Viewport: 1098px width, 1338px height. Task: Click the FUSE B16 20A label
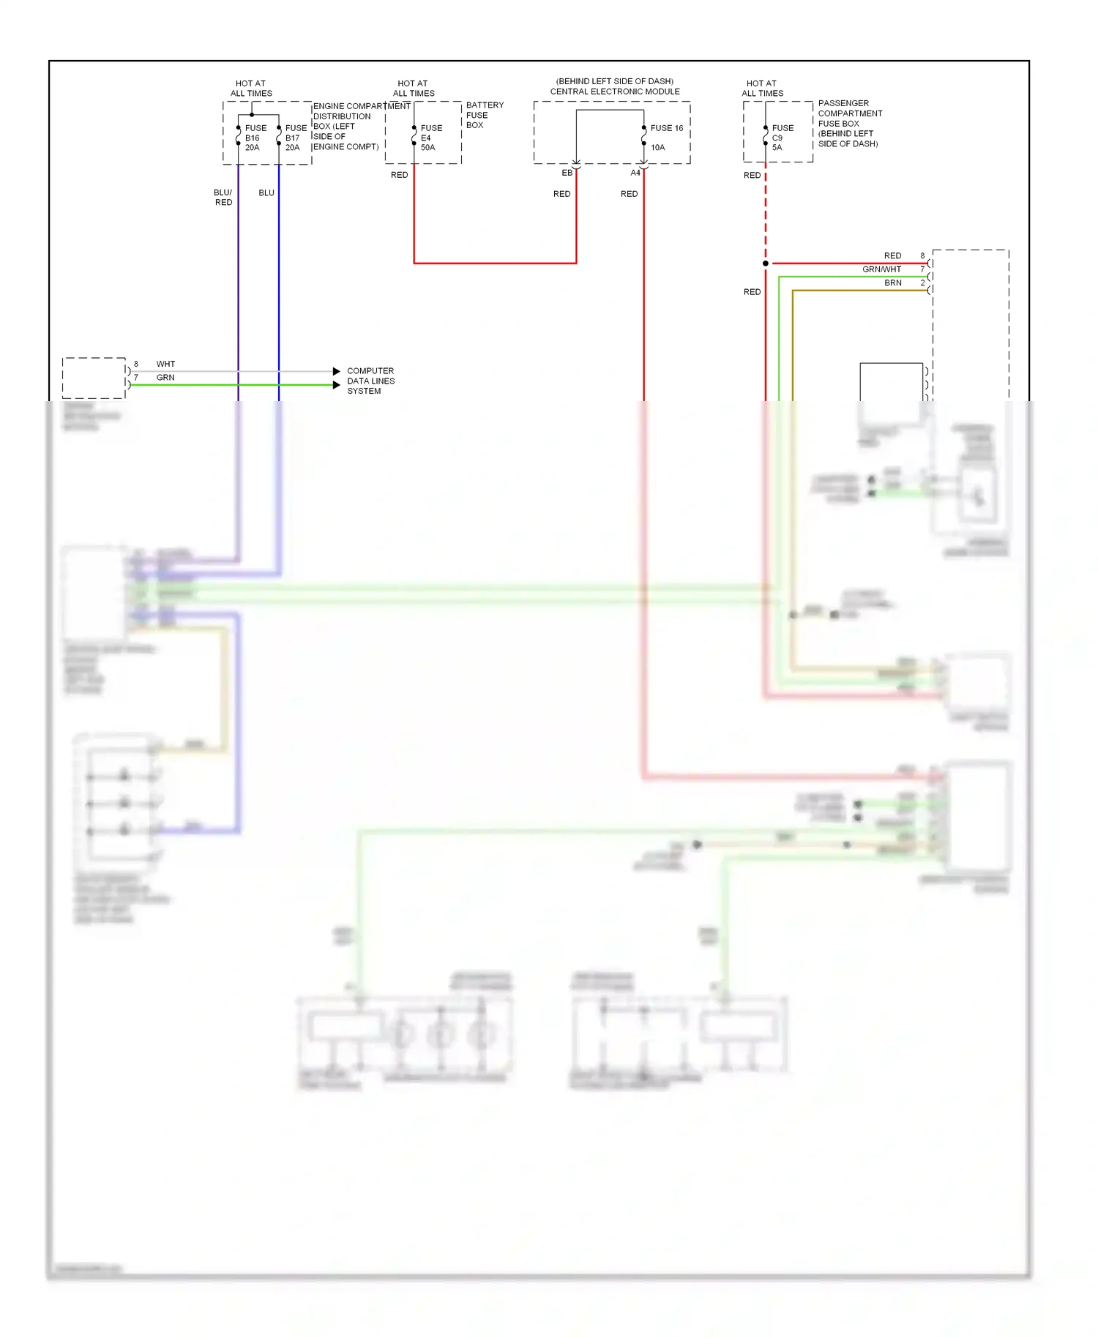tap(255, 138)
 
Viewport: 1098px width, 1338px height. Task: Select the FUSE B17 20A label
tap(296, 138)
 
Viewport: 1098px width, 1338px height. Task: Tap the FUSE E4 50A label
tap(430, 138)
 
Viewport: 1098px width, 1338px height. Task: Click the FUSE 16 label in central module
tap(666, 128)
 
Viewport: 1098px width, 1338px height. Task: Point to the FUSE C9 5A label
tap(782, 138)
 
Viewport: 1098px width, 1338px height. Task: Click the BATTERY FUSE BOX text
tap(484, 115)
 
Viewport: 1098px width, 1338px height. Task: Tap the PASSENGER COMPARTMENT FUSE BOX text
tap(849, 123)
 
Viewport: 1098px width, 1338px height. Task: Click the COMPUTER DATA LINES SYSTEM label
tap(370, 381)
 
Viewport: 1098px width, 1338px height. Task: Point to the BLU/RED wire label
tap(223, 198)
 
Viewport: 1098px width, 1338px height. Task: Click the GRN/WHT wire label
tap(881, 269)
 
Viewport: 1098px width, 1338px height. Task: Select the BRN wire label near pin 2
tap(893, 283)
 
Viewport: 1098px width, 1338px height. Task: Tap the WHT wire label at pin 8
tap(165, 364)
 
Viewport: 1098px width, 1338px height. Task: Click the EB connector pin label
tap(567, 173)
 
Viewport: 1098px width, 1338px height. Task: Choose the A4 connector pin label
tap(635, 173)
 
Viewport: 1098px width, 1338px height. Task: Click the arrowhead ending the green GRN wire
tap(337, 385)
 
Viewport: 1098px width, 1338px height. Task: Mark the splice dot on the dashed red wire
tap(766, 264)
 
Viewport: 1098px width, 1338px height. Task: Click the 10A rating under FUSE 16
tap(657, 147)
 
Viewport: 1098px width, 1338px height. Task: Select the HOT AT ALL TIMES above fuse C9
tap(762, 88)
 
